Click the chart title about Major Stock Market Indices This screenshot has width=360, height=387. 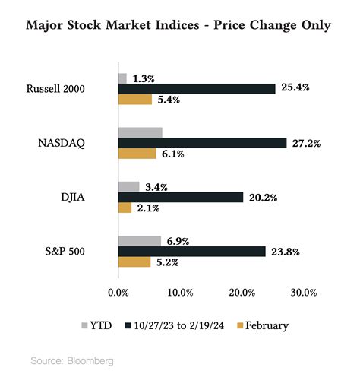(179, 26)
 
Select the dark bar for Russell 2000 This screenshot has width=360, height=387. (197, 89)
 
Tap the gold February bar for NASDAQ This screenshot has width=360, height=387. (137, 154)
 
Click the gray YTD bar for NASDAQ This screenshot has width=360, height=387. (141, 132)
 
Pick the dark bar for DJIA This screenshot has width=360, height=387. (181, 198)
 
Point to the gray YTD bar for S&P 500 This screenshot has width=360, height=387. (140, 241)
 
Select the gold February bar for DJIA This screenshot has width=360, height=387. (125, 208)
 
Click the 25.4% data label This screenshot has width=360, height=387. (296, 89)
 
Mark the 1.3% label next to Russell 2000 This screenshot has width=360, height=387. (144, 78)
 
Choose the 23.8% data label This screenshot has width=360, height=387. (286, 252)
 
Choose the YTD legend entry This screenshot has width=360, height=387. (94, 325)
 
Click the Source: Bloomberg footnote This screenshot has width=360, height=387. (72, 360)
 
